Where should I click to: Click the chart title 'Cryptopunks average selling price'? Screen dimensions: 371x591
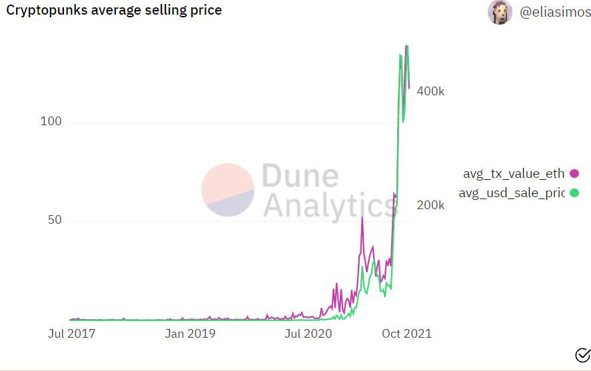(x=114, y=10)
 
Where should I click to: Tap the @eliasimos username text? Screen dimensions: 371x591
(x=554, y=12)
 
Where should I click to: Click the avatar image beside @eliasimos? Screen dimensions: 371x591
(x=500, y=12)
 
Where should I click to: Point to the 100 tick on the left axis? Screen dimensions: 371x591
(x=51, y=122)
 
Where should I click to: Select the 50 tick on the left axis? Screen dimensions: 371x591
(x=53, y=220)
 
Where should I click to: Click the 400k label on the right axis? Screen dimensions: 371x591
(x=430, y=91)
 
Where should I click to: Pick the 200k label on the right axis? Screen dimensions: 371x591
(x=430, y=204)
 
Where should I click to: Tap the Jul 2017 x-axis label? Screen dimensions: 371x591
(x=71, y=333)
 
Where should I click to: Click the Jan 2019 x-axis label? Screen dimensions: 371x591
(x=190, y=333)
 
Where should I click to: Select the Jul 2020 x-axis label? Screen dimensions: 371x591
(x=308, y=333)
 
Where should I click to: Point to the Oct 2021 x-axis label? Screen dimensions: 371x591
(x=406, y=333)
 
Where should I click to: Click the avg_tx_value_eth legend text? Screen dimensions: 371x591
(x=514, y=174)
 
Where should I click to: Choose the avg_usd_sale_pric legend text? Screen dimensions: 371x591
(x=512, y=193)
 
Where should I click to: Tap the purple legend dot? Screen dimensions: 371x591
(x=574, y=174)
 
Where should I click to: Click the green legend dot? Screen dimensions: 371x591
(x=574, y=193)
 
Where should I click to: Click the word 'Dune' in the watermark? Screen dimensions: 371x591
(x=300, y=177)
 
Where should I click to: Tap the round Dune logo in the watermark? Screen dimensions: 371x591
(x=228, y=190)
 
